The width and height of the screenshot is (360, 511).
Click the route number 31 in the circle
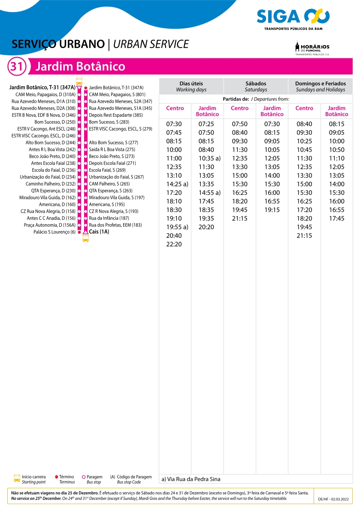16,67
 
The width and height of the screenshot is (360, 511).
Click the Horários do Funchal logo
312,49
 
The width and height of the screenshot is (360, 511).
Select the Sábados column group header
256,86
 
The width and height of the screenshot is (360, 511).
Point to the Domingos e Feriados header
320,86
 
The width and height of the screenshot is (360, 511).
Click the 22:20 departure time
174,244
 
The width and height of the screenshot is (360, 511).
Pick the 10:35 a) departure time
209,158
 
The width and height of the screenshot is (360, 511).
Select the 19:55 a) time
177,227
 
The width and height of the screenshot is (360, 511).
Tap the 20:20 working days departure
206,227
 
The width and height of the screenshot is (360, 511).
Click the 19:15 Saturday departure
272,210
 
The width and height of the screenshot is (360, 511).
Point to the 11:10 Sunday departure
336,158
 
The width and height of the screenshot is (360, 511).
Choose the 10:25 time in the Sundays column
304,141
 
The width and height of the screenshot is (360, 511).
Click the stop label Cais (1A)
99,232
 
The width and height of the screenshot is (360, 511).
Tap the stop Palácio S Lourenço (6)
54,232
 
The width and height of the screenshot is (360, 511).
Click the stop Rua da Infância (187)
109,218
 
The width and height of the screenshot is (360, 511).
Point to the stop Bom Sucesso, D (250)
55,122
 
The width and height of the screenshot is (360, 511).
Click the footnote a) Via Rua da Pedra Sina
191,479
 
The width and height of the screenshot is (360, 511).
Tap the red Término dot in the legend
57,477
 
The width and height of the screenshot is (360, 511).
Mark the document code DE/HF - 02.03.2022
334,499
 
